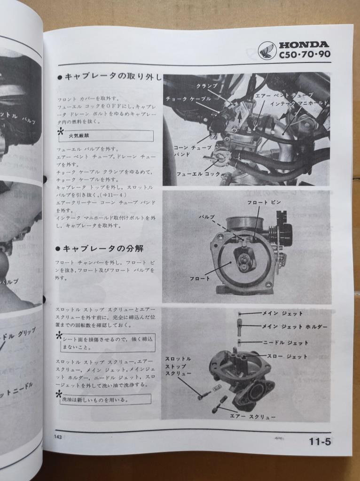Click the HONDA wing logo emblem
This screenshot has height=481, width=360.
[267, 50]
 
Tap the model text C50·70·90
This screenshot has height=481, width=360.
[304, 54]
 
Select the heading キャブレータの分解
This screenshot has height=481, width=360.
[102, 248]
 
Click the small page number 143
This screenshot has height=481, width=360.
[58, 437]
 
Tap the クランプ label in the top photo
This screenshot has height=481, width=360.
[207, 86]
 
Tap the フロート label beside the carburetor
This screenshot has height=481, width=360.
[200, 279]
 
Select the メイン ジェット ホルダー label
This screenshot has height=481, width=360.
[301, 326]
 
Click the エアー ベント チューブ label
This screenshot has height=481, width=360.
[283, 94]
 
